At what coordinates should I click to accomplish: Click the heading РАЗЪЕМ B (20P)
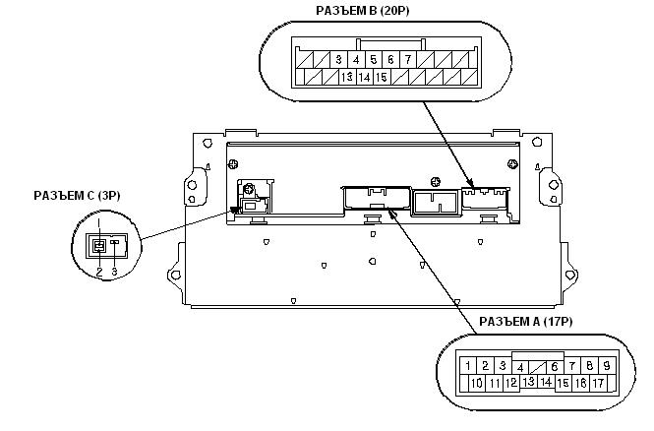363,11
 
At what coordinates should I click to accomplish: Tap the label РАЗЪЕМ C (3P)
77,196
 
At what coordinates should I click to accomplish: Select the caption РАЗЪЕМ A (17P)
525,322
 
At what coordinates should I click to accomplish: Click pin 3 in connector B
338,60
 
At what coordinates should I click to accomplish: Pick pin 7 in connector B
408,60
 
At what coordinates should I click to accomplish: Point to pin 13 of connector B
347,77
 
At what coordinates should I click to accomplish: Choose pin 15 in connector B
382,77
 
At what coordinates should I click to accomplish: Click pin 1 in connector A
468,366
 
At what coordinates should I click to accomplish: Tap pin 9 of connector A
607,366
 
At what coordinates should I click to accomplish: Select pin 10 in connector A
477,383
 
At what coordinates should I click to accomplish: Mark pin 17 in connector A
598,383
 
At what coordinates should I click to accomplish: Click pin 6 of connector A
555,367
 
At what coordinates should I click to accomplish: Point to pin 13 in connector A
529,382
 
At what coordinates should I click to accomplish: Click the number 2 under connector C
99,272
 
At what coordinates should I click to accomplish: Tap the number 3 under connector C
115,272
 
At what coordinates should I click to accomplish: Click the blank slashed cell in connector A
538,367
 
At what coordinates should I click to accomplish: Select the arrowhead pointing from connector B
470,183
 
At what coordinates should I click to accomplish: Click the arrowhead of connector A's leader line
391,213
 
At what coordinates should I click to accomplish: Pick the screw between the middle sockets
435,182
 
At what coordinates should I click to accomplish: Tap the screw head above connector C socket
249,189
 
